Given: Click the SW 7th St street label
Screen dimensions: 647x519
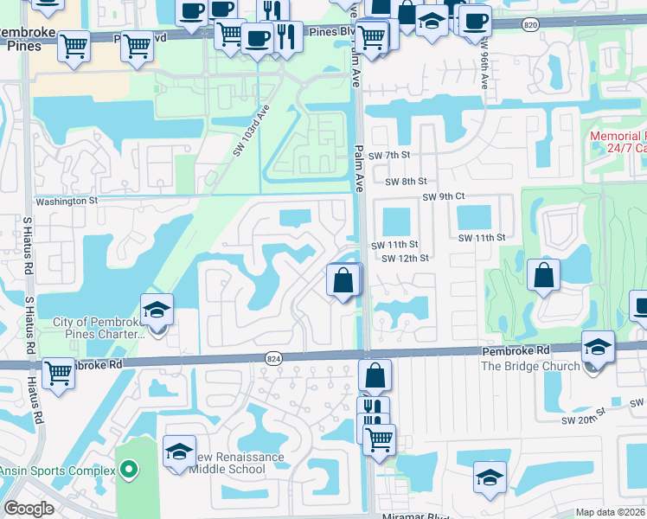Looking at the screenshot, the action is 388,155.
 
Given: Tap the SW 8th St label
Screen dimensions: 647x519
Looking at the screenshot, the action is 406,182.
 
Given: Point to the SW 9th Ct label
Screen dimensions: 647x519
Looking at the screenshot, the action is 444,197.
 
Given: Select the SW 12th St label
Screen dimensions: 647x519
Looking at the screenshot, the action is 405,259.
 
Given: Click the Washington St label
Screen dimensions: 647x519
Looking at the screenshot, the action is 67,201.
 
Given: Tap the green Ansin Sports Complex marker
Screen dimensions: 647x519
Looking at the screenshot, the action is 130,471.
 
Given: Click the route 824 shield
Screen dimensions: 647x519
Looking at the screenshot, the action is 273,358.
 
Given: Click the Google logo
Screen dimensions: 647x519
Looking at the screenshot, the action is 29,509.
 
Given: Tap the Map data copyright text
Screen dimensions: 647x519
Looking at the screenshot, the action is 611,512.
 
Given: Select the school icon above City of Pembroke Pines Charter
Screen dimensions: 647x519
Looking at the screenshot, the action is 157,311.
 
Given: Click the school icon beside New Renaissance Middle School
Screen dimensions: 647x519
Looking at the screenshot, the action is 179,452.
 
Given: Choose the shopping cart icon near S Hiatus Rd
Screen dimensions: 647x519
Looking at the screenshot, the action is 58,374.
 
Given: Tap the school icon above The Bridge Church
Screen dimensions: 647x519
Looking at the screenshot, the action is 598,347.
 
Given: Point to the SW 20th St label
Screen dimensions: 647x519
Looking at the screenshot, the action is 637,403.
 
